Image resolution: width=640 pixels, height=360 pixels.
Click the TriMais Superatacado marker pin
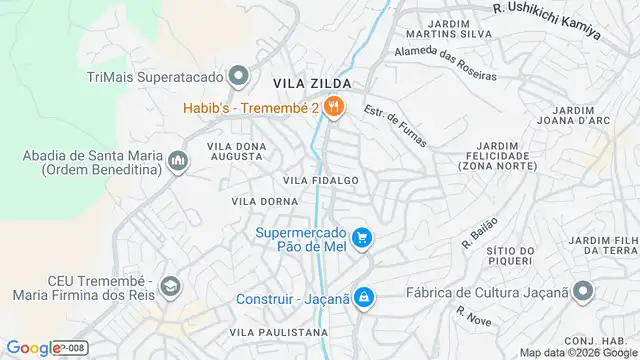pyautogui.click(x=238, y=76)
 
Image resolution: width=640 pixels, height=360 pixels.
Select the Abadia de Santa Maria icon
pyautogui.click(x=178, y=161)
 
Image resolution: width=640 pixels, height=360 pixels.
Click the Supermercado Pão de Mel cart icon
pyautogui.click(x=362, y=237)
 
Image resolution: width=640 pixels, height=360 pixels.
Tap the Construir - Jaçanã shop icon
pyautogui.click(x=363, y=298)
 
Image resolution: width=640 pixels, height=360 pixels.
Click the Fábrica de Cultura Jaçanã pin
pyautogui.click(x=584, y=293)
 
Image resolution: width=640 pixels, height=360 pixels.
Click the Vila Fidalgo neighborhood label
pyautogui.click(x=320, y=180)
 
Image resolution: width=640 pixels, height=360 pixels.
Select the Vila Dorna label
pyautogui.click(x=260, y=201)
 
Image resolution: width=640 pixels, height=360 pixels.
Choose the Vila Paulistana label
pyautogui.click(x=278, y=332)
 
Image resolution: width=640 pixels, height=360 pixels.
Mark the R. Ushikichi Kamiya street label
pyautogui.click(x=546, y=19)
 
